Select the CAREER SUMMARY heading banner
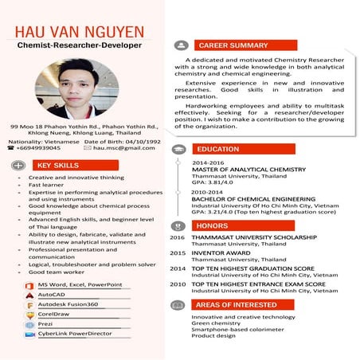coord(233,45)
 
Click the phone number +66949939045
coord(38,147)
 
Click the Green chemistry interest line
coord(215,323)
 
